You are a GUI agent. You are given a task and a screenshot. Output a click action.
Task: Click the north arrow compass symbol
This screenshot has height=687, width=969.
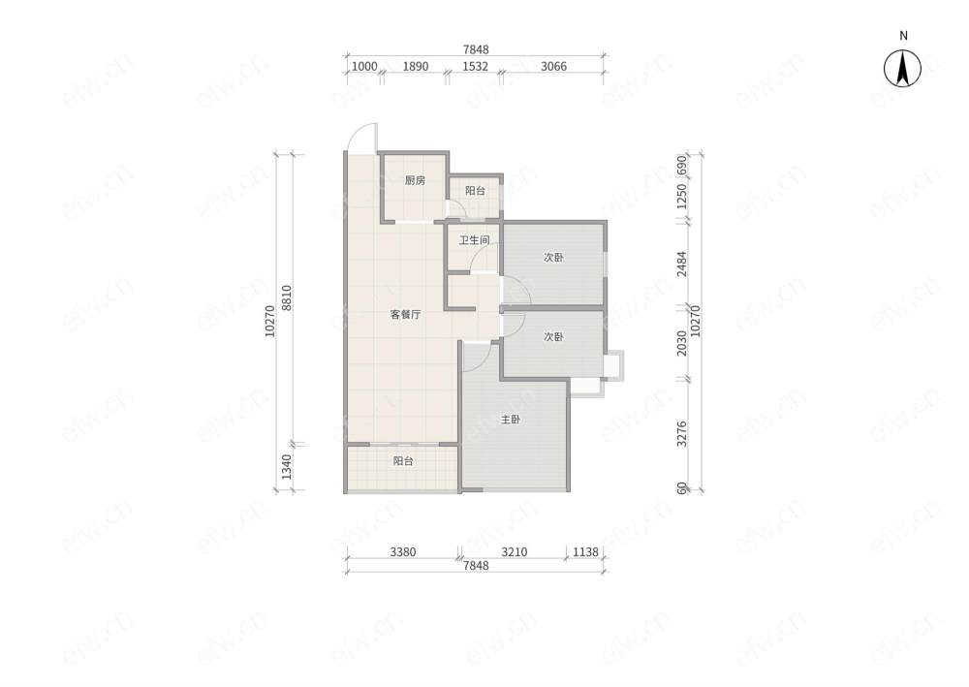click(902, 68)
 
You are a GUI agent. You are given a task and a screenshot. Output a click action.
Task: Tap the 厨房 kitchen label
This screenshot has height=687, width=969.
click(415, 180)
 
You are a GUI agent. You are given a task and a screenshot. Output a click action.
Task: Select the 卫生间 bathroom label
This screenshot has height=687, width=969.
click(474, 239)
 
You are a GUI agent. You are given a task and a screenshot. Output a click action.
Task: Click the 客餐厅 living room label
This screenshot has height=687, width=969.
click(405, 315)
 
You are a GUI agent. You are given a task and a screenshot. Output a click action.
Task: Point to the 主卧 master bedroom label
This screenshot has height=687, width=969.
click(511, 420)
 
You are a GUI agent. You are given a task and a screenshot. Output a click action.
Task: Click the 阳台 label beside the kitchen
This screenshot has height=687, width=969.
click(475, 191)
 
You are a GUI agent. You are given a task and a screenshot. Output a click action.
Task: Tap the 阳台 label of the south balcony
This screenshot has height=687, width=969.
click(403, 461)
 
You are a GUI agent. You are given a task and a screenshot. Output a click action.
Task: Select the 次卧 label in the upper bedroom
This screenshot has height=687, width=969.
click(553, 257)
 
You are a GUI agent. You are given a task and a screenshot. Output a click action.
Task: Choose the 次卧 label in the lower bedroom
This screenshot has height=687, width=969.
click(553, 336)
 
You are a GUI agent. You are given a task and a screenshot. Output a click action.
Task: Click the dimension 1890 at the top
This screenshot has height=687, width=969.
click(416, 66)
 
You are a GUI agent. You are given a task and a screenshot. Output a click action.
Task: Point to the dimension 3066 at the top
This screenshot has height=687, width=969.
click(553, 66)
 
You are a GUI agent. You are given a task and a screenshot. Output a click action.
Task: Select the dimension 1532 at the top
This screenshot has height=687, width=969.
click(475, 66)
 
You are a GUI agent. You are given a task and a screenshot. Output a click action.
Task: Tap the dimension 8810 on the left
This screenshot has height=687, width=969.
click(286, 297)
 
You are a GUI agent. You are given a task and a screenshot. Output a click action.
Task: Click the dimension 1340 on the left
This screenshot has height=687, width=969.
click(286, 467)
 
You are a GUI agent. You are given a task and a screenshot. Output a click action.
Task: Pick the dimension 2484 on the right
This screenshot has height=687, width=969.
click(681, 264)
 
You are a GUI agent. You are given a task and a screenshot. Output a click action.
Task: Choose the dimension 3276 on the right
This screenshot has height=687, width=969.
click(681, 434)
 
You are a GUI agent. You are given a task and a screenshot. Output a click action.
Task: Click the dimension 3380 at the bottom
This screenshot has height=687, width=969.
click(403, 551)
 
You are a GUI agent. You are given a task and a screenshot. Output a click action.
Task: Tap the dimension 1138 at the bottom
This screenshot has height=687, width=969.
click(586, 551)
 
